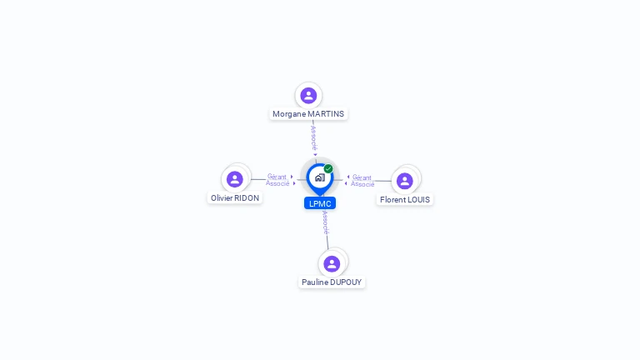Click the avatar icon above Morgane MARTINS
[308, 96]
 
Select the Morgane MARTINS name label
[308, 114]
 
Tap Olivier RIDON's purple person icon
[235, 179]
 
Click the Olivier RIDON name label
[235, 198]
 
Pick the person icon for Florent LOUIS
[405, 181]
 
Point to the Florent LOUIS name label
[405, 200]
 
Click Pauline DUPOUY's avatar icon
[332, 264]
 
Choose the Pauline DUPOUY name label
[332, 282]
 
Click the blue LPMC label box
[320, 203]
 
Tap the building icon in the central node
[319, 177]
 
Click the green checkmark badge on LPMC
[328, 168]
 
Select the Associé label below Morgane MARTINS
[313, 138]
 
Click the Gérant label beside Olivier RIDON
[277, 177]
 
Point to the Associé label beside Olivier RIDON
[277, 183]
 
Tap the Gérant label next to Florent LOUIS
[362, 177]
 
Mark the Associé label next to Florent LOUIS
[362, 184]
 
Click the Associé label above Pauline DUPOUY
[325, 222]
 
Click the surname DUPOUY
[346, 282]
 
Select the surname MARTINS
[326, 114]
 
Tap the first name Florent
[392, 200]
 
